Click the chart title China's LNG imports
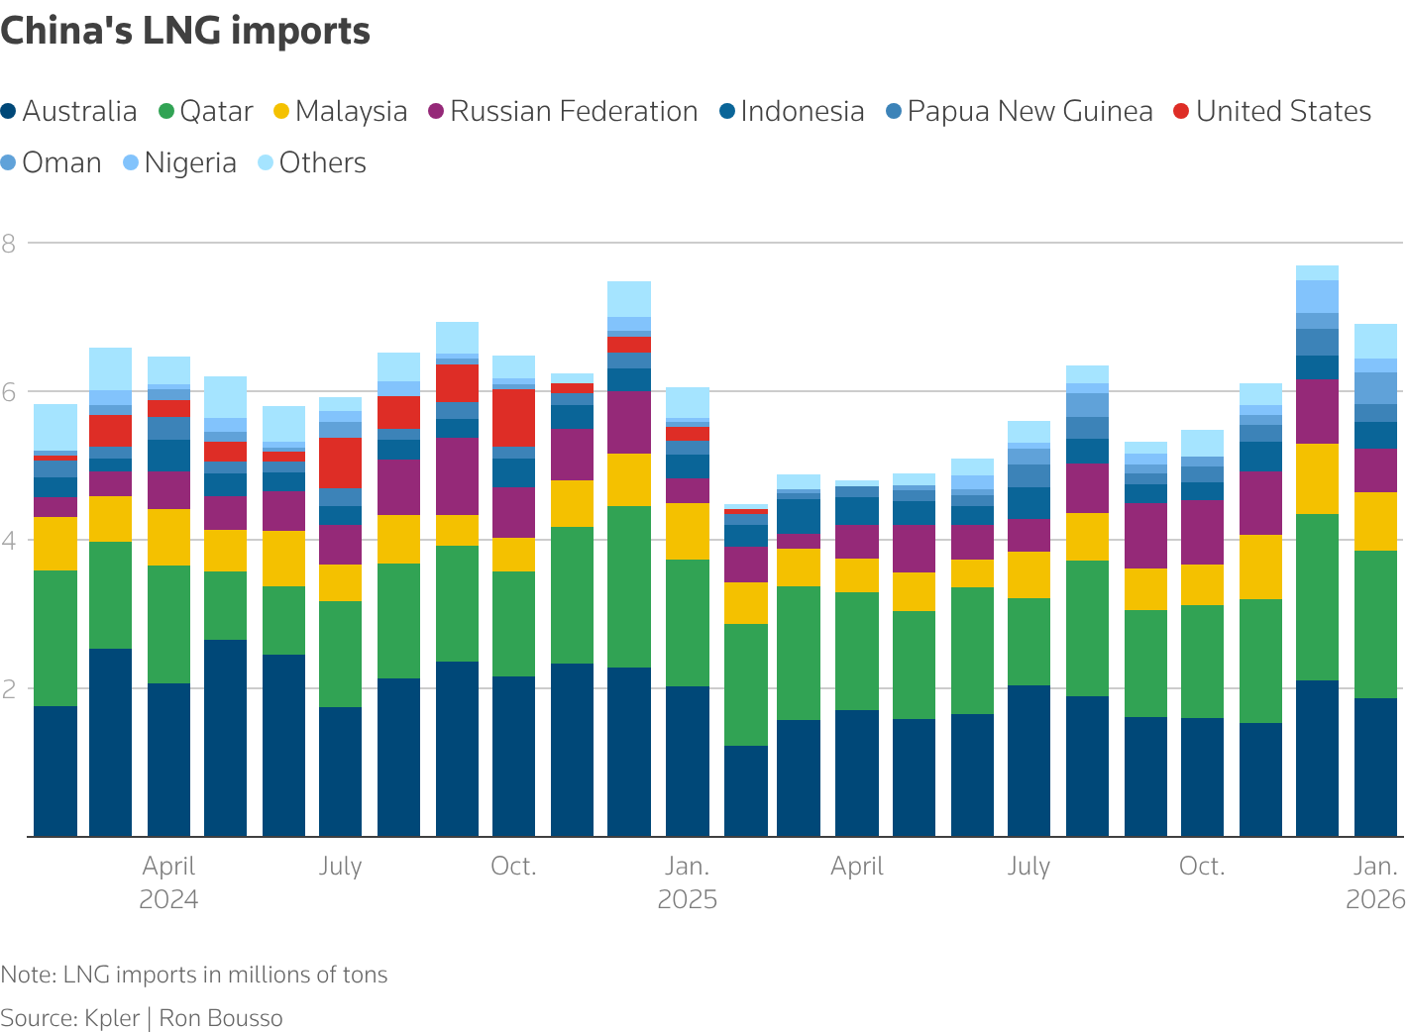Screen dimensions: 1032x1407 [x=185, y=32]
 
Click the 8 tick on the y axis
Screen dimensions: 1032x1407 [x=9, y=243]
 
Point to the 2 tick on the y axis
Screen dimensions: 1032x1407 [x=9, y=688]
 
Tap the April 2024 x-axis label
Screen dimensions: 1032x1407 [x=168, y=881]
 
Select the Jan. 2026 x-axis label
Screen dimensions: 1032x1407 [x=1375, y=881]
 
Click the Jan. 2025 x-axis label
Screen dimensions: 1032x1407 [x=687, y=881]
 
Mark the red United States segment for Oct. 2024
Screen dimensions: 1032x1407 [x=513, y=418]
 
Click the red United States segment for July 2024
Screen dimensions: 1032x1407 [x=340, y=463]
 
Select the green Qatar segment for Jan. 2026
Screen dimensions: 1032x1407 [x=1375, y=624]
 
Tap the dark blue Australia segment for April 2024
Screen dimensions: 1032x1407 [x=168, y=760]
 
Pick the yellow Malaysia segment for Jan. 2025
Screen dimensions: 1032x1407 [x=687, y=531]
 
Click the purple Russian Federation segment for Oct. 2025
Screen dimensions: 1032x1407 [x=1202, y=532]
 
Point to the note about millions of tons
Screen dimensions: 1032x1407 [x=194, y=975]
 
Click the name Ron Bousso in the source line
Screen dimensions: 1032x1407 [x=221, y=1018]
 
